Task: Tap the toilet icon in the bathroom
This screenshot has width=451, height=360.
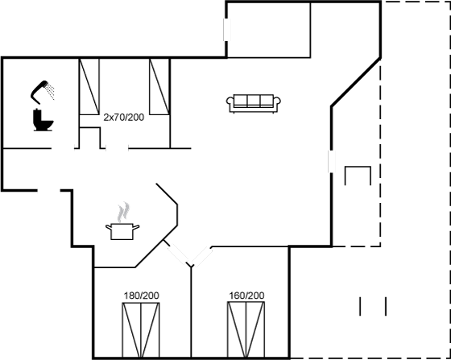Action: pyautogui.click(x=43, y=120)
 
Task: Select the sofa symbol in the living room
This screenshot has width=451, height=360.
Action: pyautogui.click(x=254, y=103)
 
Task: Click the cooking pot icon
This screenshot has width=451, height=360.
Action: pyautogui.click(x=122, y=231)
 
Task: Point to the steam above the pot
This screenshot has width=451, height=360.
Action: pyautogui.click(x=124, y=212)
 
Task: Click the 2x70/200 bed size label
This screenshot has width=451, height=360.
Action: pyautogui.click(x=124, y=118)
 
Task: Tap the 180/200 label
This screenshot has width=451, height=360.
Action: pyautogui.click(x=141, y=296)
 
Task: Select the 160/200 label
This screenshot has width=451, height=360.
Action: pyautogui.click(x=246, y=296)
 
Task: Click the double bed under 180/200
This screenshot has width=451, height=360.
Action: pyautogui.click(x=141, y=330)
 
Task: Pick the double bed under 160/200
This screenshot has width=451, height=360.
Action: pyautogui.click(x=246, y=329)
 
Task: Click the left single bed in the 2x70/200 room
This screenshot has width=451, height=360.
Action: pyautogui.click(x=89, y=86)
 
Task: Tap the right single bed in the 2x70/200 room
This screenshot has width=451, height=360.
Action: pyautogui.click(x=159, y=86)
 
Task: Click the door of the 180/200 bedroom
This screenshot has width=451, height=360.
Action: pyautogui.click(x=178, y=254)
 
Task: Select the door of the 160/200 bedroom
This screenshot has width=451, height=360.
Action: pyautogui.click(x=202, y=256)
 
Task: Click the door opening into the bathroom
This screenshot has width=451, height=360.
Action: pyautogui.click(x=63, y=148)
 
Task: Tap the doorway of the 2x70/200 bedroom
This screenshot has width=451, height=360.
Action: pyautogui.click(x=117, y=148)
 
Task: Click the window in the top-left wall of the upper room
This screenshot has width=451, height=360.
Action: pyautogui.click(x=227, y=30)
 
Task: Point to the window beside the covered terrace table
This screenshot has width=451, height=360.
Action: pyautogui.click(x=332, y=161)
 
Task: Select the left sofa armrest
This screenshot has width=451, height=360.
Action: pyautogui.click(x=230, y=101)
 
